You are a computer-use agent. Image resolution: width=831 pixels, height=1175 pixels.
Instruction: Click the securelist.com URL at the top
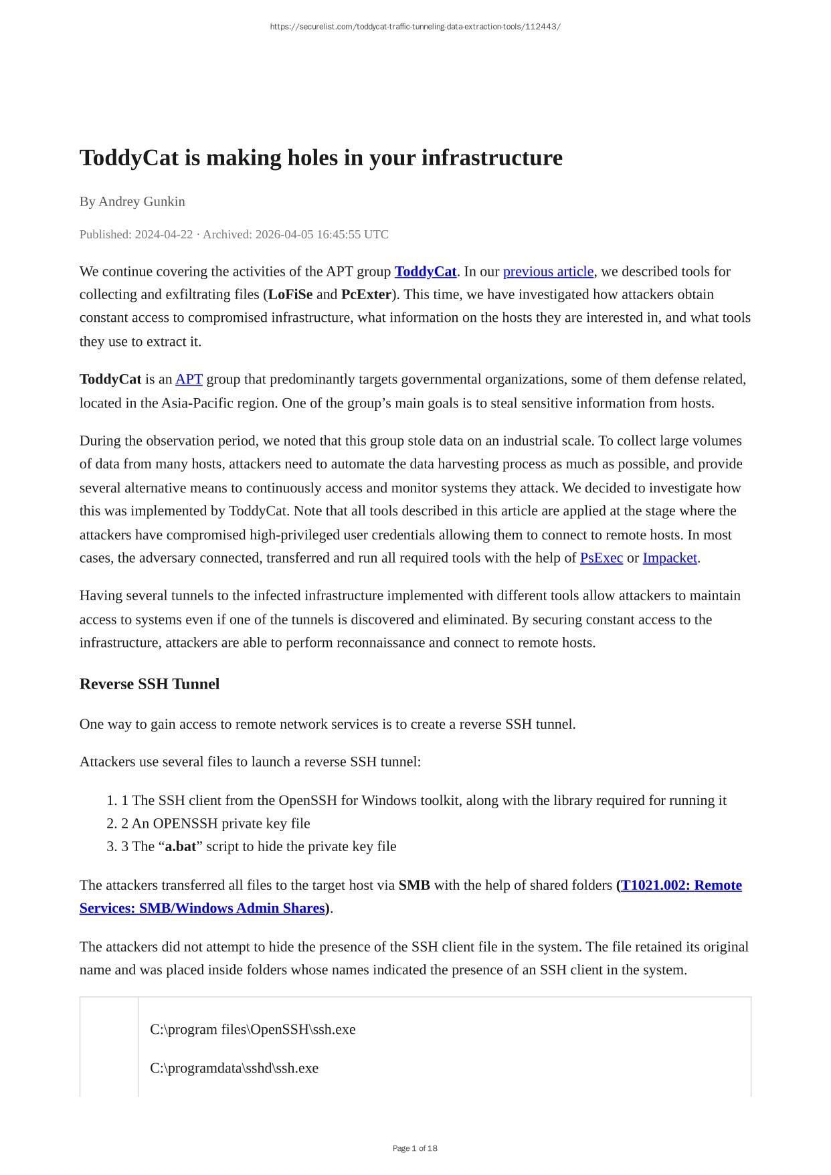click(x=415, y=27)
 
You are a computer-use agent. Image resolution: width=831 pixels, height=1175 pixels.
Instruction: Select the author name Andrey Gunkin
click(x=142, y=201)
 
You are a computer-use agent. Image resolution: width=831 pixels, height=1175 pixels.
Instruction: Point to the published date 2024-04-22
click(x=164, y=234)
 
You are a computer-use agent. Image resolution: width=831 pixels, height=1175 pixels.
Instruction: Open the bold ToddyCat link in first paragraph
click(x=426, y=271)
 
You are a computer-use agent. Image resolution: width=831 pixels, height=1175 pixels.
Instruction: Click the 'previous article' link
click(x=548, y=271)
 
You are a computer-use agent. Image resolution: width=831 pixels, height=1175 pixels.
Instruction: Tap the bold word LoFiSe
click(x=290, y=294)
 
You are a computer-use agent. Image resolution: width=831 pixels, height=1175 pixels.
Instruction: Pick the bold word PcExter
click(x=366, y=294)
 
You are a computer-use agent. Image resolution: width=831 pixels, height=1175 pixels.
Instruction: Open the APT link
click(x=189, y=379)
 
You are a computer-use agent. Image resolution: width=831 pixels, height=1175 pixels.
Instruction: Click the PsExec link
click(x=601, y=558)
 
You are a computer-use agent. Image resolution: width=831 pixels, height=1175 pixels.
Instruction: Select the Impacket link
click(x=670, y=558)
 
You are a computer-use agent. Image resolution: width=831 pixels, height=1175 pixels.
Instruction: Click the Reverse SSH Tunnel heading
click(x=149, y=684)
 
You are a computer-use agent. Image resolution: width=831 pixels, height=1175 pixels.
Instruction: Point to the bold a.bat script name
click(x=181, y=846)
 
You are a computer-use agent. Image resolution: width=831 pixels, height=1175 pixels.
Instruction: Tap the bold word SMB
click(x=414, y=885)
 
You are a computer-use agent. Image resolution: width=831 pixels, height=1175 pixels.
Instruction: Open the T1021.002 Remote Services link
click(x=681, y=885)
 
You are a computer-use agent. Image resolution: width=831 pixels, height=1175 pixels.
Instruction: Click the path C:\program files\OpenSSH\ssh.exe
click(x=253, y=1029)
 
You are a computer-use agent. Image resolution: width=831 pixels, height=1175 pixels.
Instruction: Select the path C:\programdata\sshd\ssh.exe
click(x=234, y=1068)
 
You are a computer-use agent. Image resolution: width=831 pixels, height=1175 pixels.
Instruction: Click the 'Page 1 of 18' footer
click(x=415, y=1148)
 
